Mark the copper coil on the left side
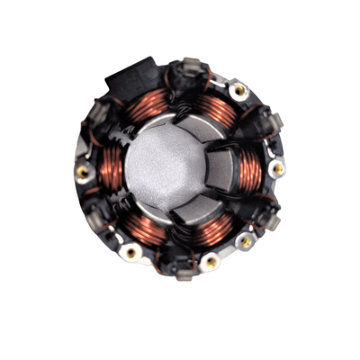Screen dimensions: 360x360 [107, 171]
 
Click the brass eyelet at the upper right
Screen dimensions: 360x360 [238, 90]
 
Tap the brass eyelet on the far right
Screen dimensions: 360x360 [278, 168]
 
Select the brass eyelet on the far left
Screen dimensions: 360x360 [83, 170]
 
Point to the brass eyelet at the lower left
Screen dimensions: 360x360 [131, 252]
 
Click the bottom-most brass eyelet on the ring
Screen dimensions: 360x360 [210, 262]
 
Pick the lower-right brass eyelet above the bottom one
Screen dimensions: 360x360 [245, 242]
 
